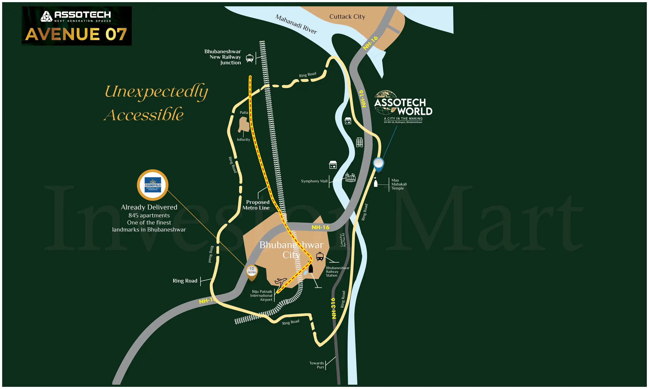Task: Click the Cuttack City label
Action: [x=347, y=16]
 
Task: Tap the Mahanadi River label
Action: [x=296, y=24]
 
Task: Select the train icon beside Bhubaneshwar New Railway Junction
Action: [x=249, y=58]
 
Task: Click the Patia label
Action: [x=244, y=112]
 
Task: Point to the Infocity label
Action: [x=243, y=139]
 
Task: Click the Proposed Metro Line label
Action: [x=256, y=205]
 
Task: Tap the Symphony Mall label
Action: [x=314, y=181]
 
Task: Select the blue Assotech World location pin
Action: [x=378, y=164]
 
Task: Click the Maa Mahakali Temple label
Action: [x=399, y=184]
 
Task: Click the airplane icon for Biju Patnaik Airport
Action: [x=280, y=282]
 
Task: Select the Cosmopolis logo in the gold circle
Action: [x=153, y=185]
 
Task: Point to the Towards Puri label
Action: [x=317, y=365]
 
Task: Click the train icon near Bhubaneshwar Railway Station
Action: [x=320, y=257]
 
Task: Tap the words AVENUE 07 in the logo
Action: [x=76, y=34]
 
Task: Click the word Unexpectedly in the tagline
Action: [x=156, y=92]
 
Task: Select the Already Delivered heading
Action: [x=149, y=207]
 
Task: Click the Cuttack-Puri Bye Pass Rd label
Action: [x=343, y=240]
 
